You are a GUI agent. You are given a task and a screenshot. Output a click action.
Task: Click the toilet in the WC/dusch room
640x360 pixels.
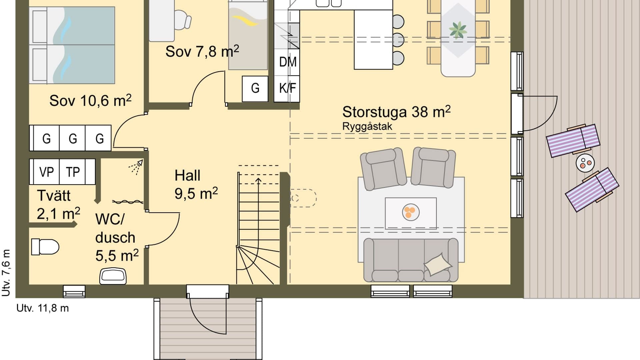[x=45, y=247]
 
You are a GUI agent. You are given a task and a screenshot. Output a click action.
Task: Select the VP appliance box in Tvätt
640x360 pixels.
[x=46, y=172]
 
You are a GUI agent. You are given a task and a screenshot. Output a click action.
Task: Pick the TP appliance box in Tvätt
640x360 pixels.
[x=73, y=172]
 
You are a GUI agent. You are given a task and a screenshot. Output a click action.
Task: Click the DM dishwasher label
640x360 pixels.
[x=287, y=62]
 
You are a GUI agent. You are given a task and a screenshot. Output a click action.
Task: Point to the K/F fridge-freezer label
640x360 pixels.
[x=287, y=88]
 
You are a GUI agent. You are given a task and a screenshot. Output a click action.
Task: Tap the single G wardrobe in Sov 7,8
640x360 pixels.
[x=255, y=88]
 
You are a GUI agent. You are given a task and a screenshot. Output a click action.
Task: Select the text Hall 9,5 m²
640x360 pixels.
[x=196, y=184]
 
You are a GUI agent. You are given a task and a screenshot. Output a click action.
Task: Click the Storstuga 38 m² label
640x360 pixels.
[x=396, y=112]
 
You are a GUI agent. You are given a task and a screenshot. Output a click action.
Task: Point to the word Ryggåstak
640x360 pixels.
[x=367, y=127]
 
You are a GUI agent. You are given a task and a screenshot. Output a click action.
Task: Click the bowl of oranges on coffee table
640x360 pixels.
[x=410, y=212]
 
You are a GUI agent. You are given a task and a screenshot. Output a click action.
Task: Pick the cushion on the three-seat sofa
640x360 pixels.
[x=438, y=264]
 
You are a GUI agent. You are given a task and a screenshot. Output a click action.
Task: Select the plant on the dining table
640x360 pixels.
[x=458, y=30]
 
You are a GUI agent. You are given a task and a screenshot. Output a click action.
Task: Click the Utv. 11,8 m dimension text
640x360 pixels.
[x=43, y=308]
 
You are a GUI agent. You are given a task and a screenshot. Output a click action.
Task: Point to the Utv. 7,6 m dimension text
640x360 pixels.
[x=6, y=273]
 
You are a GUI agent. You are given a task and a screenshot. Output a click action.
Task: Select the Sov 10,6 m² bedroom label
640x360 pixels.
[x=90, y=100]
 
